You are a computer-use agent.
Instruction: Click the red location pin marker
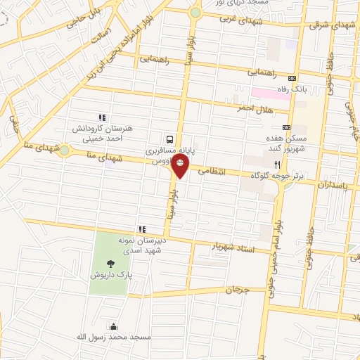pos(181,167)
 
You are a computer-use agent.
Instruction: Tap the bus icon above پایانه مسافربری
pos(169,139)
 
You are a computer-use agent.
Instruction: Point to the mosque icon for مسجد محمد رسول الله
pos(113,326)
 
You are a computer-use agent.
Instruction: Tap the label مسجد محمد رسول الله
pos(114,337)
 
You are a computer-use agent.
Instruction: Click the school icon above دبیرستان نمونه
pos(142,229)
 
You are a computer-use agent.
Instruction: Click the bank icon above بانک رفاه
pos(293,78)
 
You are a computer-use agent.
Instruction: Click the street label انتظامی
pos(212,170)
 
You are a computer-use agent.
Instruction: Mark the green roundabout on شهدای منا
pos(65,150)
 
